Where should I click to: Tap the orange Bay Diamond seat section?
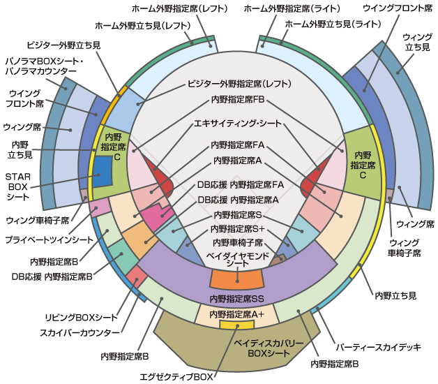(236, 279)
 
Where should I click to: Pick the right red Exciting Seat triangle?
(312, 184)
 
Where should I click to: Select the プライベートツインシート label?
(50, 239)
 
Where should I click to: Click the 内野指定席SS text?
(236, 298)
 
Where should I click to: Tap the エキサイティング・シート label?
(238, 124)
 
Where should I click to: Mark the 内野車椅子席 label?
(238, 242)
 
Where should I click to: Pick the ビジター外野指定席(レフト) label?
(239, 84)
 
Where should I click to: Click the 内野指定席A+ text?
(236, 314)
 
